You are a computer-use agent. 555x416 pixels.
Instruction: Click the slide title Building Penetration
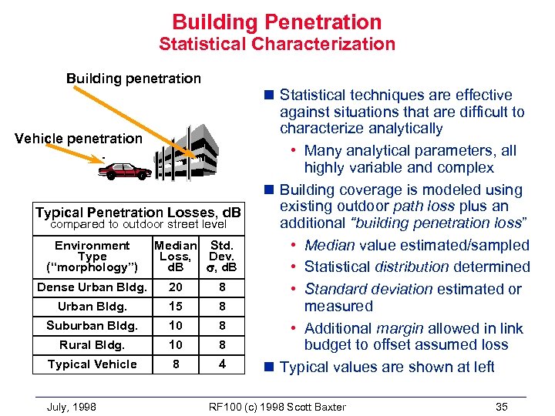tap(277, 22)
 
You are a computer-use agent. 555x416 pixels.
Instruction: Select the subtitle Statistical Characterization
tap(277, 44)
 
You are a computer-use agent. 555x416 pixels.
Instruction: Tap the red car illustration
tap(128, 170)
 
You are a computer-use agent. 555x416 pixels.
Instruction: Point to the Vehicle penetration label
tap(79, 139)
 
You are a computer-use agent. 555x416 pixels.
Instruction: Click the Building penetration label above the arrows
tap(133, 79)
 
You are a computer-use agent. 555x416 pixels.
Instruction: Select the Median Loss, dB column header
tap(176, 257)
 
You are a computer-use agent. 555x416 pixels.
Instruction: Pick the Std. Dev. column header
tap(221, 257)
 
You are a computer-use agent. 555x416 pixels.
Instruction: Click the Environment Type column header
tap(92, 257)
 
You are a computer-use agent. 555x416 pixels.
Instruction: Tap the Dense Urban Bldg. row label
tap(92, 287)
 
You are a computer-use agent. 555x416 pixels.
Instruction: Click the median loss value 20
tap(176, 287)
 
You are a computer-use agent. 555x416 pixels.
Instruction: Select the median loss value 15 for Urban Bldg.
tap(176, 307)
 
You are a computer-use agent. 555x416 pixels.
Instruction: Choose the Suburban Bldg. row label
tap(92, 326)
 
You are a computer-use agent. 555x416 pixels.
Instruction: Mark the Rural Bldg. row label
tap(92, 345)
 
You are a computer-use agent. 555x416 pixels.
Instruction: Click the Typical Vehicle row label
tap(92, 364)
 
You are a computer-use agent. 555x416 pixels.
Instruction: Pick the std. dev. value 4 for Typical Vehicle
tap(222, 364)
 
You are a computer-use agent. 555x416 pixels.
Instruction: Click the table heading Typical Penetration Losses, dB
tap(139, 212)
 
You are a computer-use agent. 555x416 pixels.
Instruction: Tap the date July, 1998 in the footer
tap(72, 407)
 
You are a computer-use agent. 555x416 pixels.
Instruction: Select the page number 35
tap(502, 407)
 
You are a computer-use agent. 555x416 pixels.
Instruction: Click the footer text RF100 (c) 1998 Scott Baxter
tap(277, 407)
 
